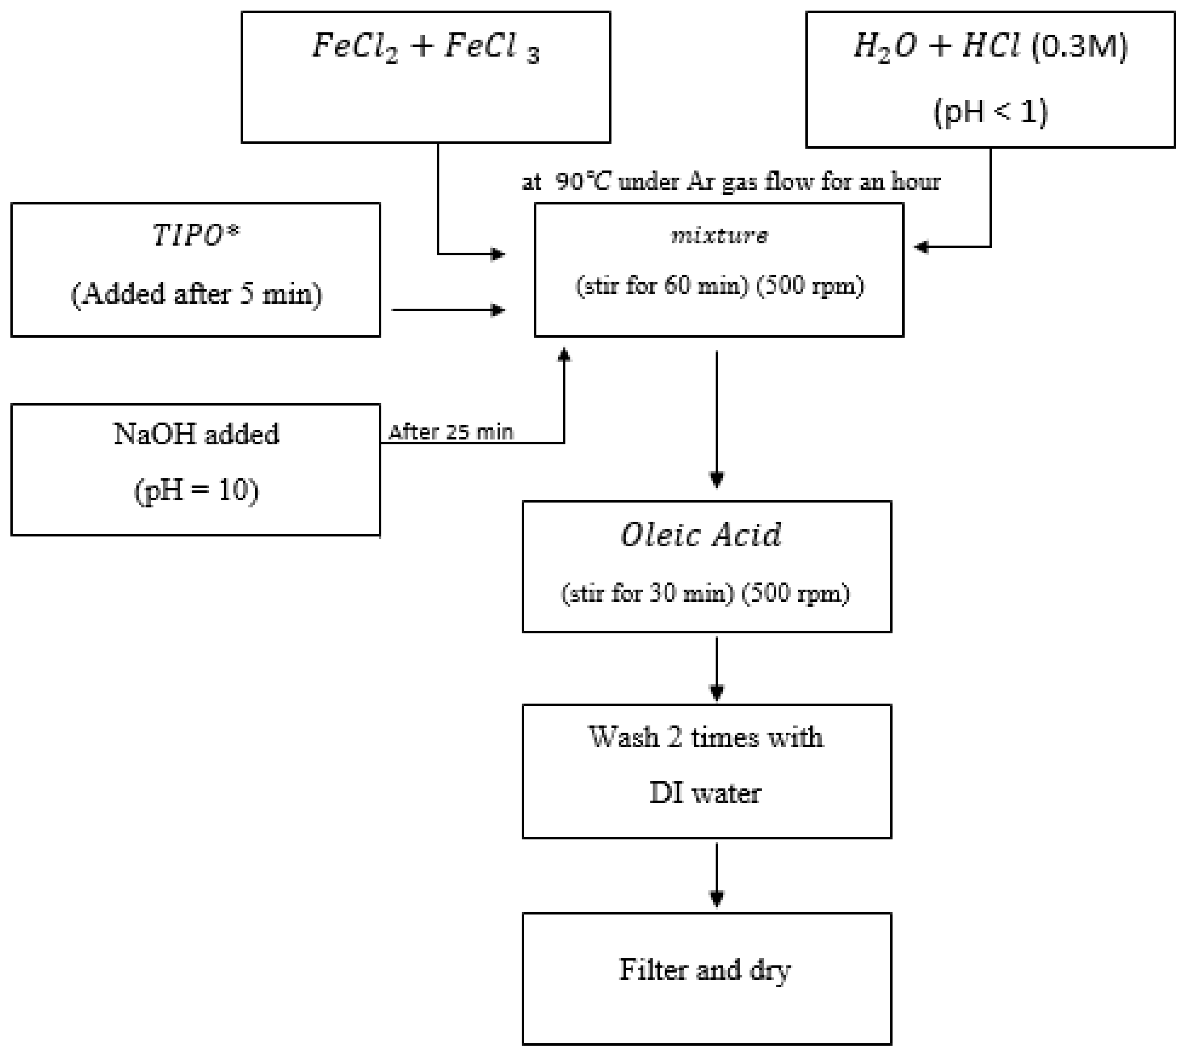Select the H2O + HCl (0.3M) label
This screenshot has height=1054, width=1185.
click(990, 46)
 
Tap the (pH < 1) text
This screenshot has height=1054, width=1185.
click(990, 111)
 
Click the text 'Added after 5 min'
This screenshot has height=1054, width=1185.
click(196, 294)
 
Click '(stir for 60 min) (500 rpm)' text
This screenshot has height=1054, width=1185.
click(719, 286)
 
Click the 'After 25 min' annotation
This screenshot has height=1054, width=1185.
click(450, 432)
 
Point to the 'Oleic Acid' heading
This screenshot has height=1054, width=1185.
click(701, 535)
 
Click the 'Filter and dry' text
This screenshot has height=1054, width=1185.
click(705, 969)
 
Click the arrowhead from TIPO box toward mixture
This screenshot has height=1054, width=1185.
click(497, 309)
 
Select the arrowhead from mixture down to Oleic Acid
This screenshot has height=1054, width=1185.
click(717, 480)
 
